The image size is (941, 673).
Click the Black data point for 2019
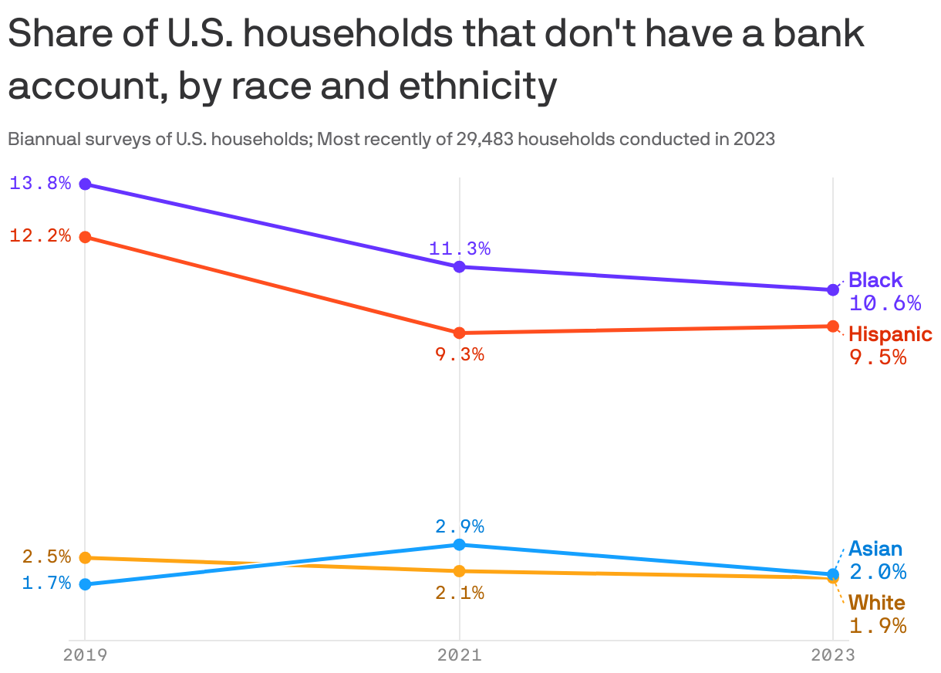(86, 184)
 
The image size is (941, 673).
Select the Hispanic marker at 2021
(460, 333)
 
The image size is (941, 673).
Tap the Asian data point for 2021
(460, 544)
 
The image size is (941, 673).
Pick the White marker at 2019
(86, 557)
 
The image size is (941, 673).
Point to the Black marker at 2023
(833, 289)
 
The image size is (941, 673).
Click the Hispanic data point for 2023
(833, 326)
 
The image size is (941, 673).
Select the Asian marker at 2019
(86, 584)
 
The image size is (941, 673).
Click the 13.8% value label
(40, 184)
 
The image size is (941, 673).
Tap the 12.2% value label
(40, 236)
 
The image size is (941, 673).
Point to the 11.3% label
(460, 249)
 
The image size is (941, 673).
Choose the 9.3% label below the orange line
(460, 355)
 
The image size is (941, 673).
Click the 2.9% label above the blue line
(460, 526)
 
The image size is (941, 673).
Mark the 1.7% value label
(46, 583)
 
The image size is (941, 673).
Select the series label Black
(875, 280)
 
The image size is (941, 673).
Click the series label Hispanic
(890, 335)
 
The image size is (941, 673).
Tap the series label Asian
(875, 550)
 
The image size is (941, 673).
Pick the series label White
(877, 603)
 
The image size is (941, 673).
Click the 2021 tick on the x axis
(460, 655)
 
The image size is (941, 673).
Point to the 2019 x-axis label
(86, 655)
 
